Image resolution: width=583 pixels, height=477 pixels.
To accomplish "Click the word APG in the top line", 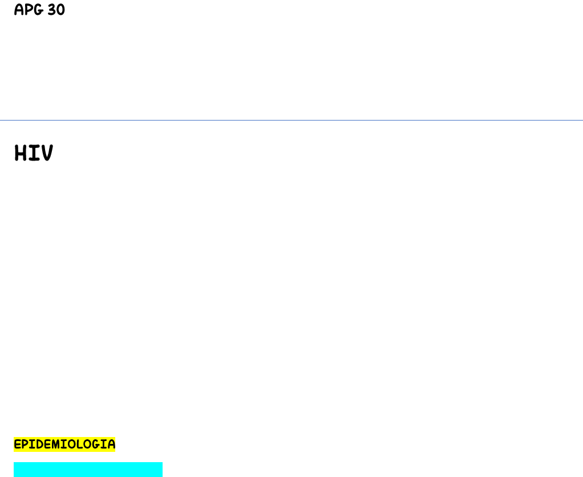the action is [x=29, y=10].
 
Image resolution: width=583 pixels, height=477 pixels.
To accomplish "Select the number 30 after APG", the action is [x=56, y=10].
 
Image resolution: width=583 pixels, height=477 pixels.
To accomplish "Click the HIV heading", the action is [x=34, y=153].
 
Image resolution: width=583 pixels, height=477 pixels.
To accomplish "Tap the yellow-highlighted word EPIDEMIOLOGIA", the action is [x=64, y=444].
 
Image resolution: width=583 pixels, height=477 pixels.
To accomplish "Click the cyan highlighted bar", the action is [x=88, y=470].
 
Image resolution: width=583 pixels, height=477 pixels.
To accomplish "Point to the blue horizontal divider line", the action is [x=291, y=121].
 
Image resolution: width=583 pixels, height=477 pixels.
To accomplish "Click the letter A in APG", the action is [x=19, y=10].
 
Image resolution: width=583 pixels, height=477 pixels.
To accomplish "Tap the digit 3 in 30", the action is [x=52, y=10].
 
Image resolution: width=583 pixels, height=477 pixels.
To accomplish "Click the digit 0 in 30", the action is [x=60, y=10].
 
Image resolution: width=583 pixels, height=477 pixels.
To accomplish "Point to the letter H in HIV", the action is [x=20, y=153].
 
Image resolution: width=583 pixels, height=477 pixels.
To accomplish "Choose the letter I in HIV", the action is [x=34, y=153].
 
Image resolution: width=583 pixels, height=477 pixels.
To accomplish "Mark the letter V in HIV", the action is [x=47, y=153].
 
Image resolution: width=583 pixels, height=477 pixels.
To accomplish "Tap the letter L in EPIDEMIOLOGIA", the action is [x=79, y=444].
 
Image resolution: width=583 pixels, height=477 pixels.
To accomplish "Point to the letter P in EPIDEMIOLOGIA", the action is [x=25, y=444].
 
